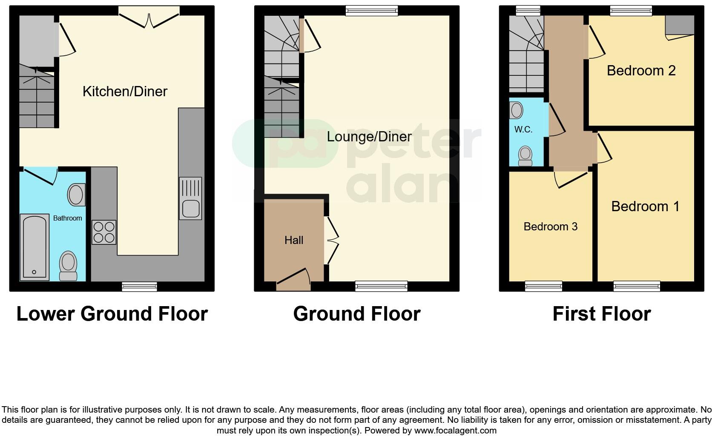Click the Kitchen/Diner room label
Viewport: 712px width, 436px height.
coord(125,91)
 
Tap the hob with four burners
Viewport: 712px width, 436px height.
coord(104,232)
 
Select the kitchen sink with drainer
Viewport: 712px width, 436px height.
coord(190,198)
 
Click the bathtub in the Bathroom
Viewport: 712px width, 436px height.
coord(34,247)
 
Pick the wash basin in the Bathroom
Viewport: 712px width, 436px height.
coord(76,195)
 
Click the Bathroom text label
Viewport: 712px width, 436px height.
coord(67,218)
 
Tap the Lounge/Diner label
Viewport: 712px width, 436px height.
coord(369,137)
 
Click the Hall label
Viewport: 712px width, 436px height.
coord(294,240)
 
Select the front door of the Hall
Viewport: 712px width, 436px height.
coord(293,280)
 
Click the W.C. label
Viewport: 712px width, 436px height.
coord(523,129)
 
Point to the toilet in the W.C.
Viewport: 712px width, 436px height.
coord(525,156)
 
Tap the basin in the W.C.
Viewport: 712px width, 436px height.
coord(517,110)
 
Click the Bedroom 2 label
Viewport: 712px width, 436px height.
coord(641,70)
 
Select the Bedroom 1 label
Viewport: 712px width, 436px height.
coord(645,207)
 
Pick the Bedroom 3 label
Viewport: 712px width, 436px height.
coord(550,227)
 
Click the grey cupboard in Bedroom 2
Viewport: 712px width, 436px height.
coord(680,25)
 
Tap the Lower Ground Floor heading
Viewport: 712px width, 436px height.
coord(112,314)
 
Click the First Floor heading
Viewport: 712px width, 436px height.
coord(601,314)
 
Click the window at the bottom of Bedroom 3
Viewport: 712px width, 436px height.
coord(543,287)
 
